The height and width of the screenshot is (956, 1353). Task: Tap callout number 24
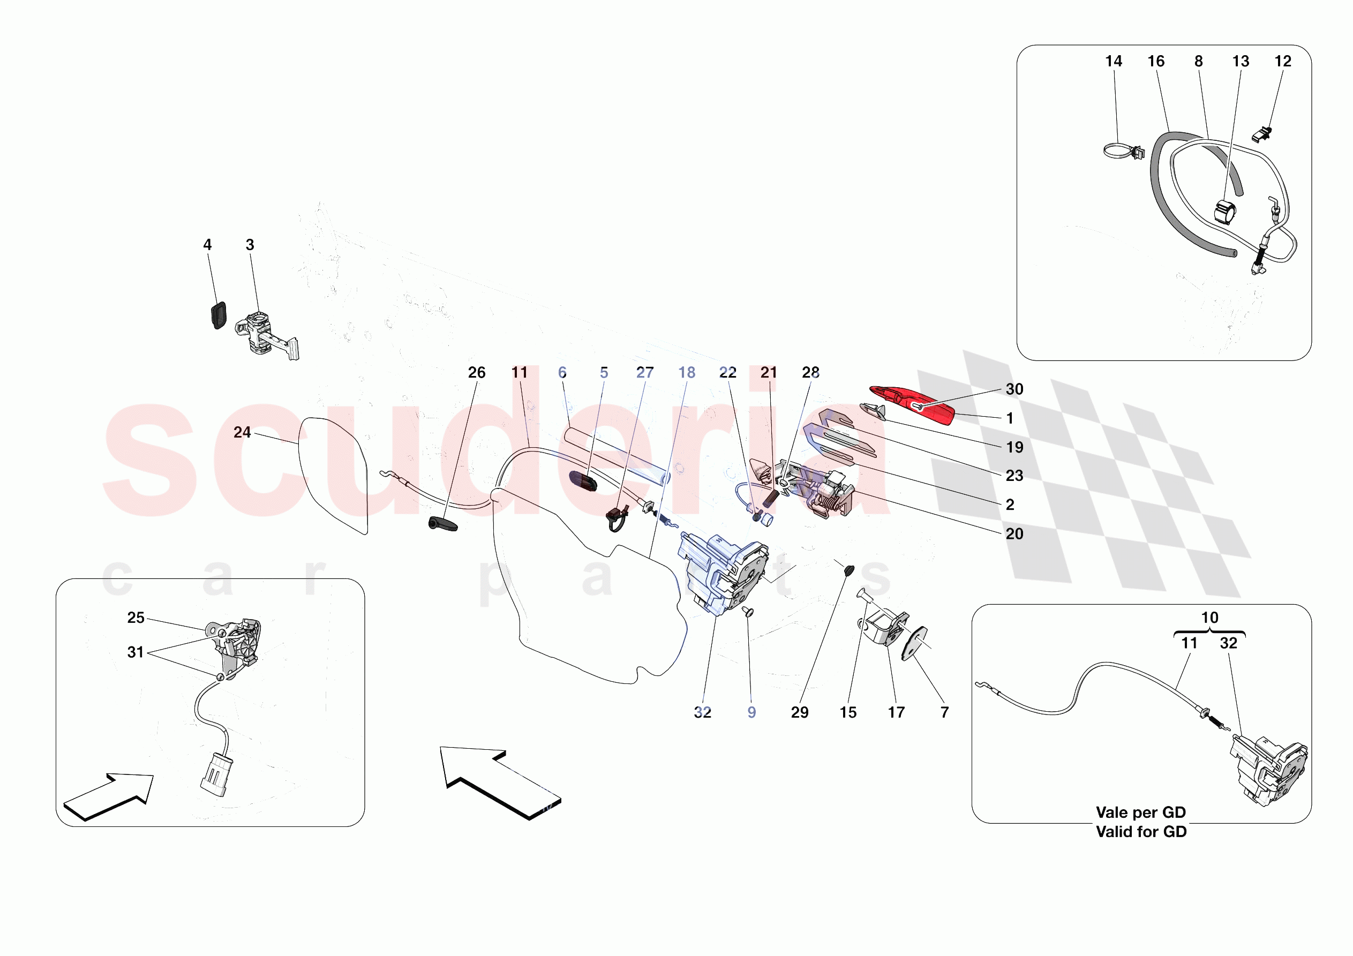(242, 433)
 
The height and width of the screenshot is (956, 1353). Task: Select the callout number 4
(207, 245)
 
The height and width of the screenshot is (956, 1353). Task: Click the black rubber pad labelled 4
(218, 315)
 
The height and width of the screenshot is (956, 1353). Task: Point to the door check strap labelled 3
(265, 336)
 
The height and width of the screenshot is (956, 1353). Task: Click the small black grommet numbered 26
(442, 524)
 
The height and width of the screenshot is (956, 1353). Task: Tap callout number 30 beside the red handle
(1013, 389)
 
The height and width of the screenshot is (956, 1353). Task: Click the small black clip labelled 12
(1261, 135)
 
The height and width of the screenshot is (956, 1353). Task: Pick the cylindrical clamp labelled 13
(1224, 212)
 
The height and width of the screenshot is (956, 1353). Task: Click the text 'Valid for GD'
(1141, 832)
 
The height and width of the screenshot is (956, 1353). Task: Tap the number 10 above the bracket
(1209, 618)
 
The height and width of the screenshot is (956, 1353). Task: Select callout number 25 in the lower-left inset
(136, 618)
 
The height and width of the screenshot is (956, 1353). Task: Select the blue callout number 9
(751, 712)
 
